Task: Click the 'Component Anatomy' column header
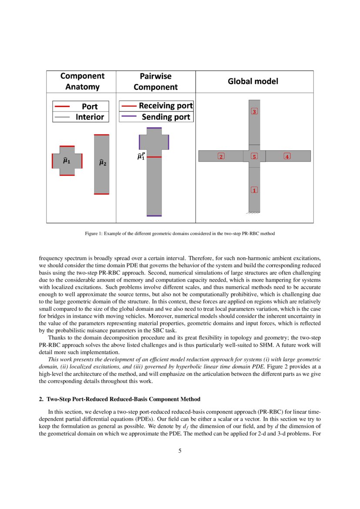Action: (x=82, y=81)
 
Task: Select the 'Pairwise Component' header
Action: (x=155, y=82)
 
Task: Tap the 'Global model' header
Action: (x=253, y=81)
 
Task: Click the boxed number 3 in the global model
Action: (x=255, y=111)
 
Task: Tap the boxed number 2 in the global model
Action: (x=221, y=156)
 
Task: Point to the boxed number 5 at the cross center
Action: (x=255, y=156)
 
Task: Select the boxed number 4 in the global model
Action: (x=287, y=156)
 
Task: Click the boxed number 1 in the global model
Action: (x=255, y=190)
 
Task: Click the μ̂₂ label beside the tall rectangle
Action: (x=103, y=163)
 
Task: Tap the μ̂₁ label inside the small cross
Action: (x=67, y=161)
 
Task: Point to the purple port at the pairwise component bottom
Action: (x=154, y=216)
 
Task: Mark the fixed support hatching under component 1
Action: (x=254, y=213)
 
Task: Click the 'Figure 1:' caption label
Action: (x=94, y=234)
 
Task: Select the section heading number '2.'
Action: (x=42, y=399)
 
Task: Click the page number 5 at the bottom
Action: (x=180, y=451)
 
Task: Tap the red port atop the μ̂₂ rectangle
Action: (x=101, y=135)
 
